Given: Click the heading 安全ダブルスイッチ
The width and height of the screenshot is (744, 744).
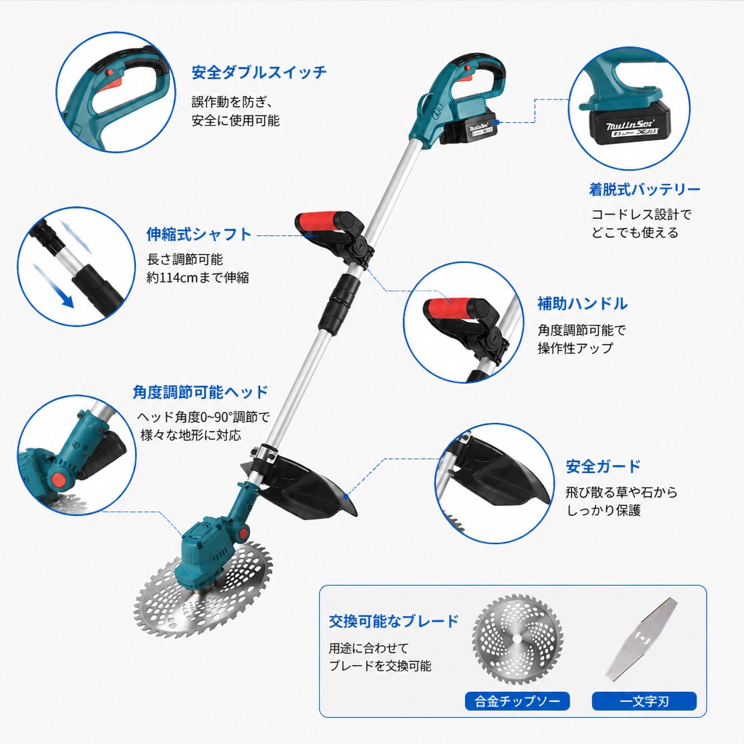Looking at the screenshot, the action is pos(259,73).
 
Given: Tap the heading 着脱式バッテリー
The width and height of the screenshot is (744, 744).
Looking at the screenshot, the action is pos(644,190).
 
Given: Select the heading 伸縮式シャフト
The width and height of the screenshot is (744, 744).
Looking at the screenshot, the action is pos(199,234).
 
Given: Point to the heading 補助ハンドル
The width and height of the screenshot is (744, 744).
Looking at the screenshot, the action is pos(582,304).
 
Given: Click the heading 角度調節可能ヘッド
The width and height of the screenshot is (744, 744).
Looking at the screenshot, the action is pos(201,392).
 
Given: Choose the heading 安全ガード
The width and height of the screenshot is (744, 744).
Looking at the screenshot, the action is pos(603,466).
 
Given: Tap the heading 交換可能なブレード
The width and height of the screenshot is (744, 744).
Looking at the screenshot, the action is pos(394,621).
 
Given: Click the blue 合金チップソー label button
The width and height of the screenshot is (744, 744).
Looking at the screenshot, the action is pos(517,701).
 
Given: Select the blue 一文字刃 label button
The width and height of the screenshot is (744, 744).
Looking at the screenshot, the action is pos(644,701).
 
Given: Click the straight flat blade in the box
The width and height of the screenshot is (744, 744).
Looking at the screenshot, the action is pos(641,638).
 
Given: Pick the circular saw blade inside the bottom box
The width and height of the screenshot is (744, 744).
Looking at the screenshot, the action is pos(518,639).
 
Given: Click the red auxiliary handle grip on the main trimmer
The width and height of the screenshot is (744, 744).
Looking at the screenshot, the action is pos(319,222).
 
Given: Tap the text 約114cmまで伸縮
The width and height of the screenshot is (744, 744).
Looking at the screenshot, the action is pos(198,277).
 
